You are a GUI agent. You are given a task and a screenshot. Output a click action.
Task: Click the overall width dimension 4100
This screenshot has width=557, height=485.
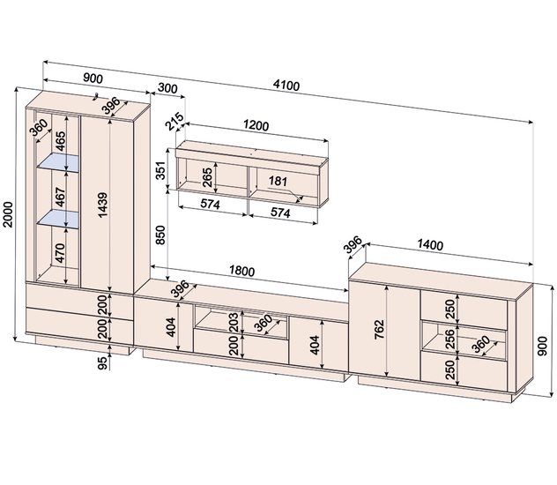(x=286, y=86)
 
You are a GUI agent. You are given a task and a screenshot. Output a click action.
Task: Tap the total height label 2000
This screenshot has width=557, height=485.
(x=8, y=214)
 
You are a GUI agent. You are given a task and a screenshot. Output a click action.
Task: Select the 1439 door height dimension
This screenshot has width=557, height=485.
(x=102, y=205)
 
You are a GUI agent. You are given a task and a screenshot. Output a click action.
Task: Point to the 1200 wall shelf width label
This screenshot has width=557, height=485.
(x=256, y=125)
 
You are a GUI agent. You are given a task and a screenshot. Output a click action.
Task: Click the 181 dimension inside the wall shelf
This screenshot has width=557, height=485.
(x=278, y=181)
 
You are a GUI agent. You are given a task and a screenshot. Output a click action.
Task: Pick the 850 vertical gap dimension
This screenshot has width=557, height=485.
(x=160, y=235)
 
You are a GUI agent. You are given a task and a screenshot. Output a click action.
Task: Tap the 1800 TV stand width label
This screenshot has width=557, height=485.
(x=241, y=271)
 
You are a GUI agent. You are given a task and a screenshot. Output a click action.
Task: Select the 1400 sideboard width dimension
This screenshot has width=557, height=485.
(x=430, y=244)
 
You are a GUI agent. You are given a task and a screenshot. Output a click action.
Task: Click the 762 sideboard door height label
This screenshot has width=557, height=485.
(x=379, y=330)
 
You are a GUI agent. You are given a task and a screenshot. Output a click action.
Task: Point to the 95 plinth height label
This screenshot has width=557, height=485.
(x=102, y=363)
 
